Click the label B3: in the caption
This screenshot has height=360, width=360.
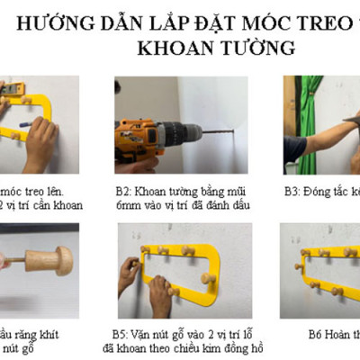click(298, 192)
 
